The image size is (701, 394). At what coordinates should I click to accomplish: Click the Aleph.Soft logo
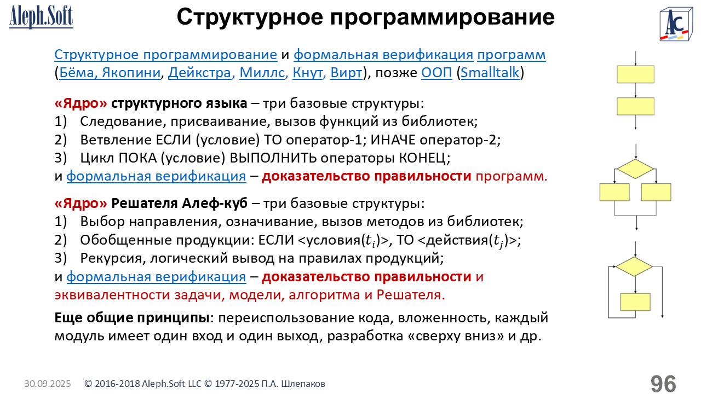point(41,17)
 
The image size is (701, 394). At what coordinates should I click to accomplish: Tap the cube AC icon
point(676,24)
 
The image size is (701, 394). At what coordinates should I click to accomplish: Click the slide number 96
point(663,384)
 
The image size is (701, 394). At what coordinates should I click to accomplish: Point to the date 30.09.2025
point(48,384)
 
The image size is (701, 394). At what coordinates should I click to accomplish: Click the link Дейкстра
point(200,73)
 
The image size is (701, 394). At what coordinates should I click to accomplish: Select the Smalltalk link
point(490,73)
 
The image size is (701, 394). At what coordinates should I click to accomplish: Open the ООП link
point(436,73)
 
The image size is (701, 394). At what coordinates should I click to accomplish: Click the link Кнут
point(308,73)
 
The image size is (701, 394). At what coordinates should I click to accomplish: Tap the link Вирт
point(347,73)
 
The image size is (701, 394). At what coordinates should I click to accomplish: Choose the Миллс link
point(262,73)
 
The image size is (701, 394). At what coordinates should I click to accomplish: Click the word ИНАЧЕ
point(393,140)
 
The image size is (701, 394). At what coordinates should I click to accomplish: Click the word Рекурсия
point(111,258)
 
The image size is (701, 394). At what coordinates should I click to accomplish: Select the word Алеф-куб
point(215,203)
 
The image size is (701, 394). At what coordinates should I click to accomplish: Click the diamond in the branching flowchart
point(635,169)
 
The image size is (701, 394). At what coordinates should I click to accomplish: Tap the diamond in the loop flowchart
point(634,266)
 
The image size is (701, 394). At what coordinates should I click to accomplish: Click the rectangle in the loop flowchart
point(635,302)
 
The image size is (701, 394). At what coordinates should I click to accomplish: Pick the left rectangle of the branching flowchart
point(614,192)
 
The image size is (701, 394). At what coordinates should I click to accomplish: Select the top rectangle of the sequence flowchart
point(636,74)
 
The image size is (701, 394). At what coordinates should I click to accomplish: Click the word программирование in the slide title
point(443,17)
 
